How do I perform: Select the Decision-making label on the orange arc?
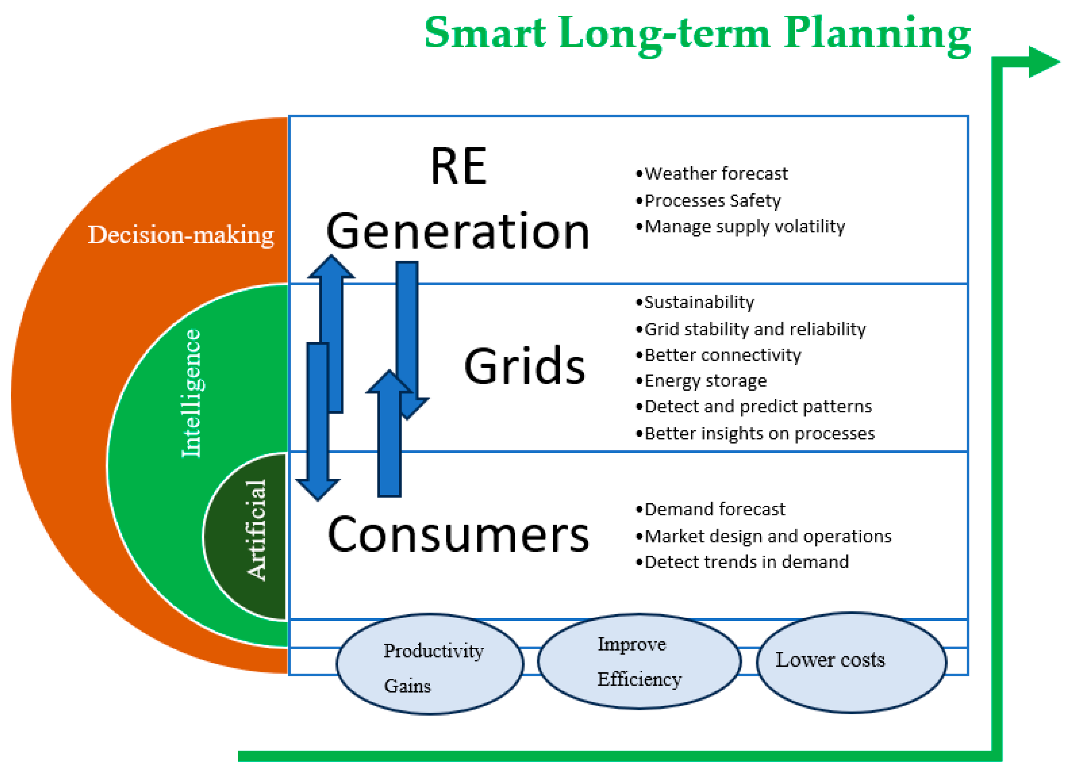[181, 235]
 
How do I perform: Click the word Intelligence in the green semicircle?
[191, 393]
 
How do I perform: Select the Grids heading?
[524, 366]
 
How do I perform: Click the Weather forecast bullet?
[712, 174]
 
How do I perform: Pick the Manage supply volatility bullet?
[740, 227]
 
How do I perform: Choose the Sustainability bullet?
[695, 303]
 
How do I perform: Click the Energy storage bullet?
[701, 381]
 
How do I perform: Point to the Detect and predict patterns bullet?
[754, 407]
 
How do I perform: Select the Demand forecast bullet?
[710, 509]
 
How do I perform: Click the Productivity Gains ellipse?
[430, 664]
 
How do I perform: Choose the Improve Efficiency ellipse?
[639, 661]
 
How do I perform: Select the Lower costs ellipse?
[851, 662]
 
